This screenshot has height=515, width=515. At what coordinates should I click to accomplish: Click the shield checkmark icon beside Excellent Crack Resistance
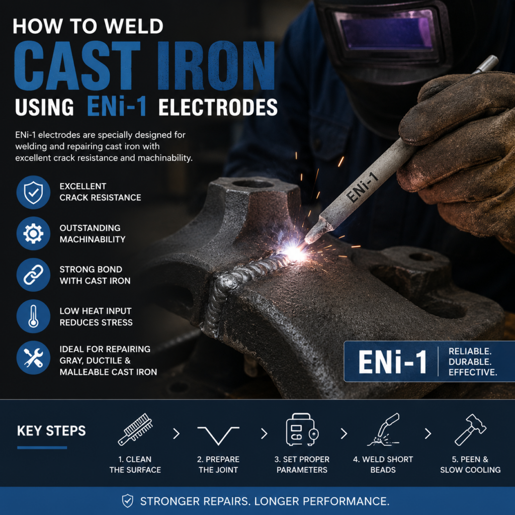33,193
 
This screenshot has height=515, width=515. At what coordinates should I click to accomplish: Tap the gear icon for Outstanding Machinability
33,233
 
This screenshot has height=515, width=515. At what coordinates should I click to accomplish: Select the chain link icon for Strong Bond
33,275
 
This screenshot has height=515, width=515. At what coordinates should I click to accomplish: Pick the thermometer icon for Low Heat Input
33,316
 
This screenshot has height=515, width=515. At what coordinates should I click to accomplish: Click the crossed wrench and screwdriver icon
33,358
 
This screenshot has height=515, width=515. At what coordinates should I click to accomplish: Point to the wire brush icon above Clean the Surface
135,429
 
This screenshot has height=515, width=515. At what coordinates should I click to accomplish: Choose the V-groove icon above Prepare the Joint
218,435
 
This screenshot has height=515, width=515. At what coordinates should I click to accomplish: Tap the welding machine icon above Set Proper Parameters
302,430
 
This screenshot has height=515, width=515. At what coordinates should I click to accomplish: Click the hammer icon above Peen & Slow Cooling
470,430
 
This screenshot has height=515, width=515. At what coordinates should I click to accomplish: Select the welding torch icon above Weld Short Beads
383,430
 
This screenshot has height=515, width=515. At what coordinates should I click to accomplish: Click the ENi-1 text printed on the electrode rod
363,187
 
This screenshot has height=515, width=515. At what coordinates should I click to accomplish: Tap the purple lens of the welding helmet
386,33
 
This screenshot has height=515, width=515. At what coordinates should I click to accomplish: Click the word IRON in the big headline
216,66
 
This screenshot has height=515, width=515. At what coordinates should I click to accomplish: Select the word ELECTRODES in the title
218,107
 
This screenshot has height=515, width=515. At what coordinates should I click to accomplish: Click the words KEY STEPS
51,431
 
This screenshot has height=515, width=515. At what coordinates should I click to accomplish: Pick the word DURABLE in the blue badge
470,362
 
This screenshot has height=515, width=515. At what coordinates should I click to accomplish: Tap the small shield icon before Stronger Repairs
127,501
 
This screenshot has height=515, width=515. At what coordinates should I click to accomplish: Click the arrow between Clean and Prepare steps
177,434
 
